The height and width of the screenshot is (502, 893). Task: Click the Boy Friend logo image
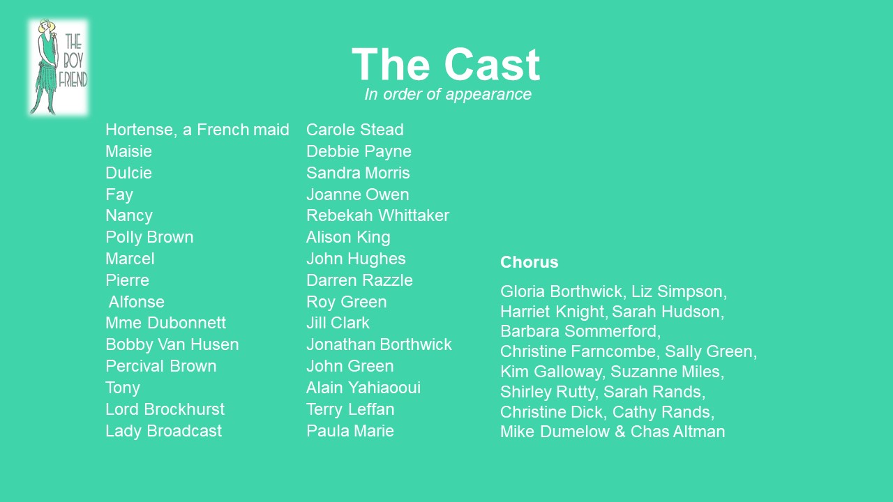pyautogui.click(x=58, y=68)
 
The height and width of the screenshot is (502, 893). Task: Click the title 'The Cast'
pyautogui.click(x=446, y=65)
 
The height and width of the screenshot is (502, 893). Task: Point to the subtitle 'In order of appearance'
pyautogui.click(x=448, y=94)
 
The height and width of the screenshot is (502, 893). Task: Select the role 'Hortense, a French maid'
pyautogui.click(x=197, y=130)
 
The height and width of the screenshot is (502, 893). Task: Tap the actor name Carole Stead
pyautogui.click(x=355, y=130)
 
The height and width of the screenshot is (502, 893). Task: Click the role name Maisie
pyautogui.click(x=129, y=151)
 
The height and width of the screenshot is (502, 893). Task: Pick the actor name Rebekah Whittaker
pyautogui.click(x=377, y=215)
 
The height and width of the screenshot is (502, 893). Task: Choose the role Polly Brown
pyautogui.click(x=149, y=238)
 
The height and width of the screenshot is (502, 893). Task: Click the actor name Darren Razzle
pyautogui.click(x=359, y=280)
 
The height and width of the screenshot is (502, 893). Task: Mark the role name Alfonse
pyautogui.click(x=136, y=302)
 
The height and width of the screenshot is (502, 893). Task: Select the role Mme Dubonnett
pyautogui.click(x=165, y=323)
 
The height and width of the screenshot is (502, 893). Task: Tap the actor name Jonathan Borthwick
pyautogui.click(x=379, y=344)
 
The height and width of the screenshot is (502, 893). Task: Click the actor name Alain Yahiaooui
pyautogui.click(x=363, y=388)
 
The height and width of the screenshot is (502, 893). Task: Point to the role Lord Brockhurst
pyautogui.click(x=165, y=409)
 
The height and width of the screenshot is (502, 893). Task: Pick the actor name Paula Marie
pyautogui.click(x=350, y=431)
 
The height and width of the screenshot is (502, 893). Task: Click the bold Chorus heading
pyautogui.click(x=529, y=262)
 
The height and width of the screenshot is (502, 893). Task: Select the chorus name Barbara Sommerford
pyautogui.click(x=580, y=331)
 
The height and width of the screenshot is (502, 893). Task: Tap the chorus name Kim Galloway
pyautogui.click(x=553, y=372)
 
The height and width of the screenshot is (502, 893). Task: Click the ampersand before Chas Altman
pyautogui.click(x=620, y=432)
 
